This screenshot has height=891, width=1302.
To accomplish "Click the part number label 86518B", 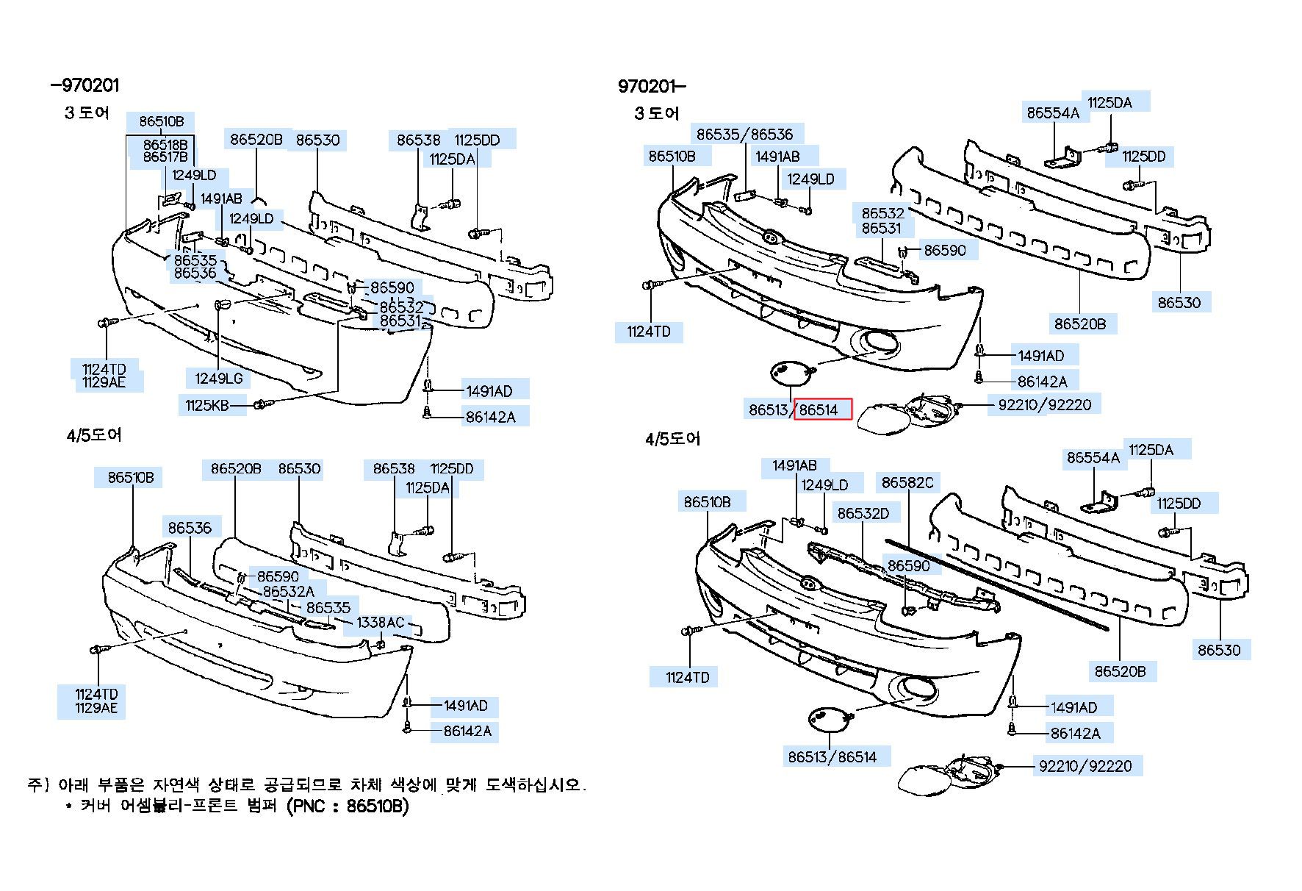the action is click(165, 145).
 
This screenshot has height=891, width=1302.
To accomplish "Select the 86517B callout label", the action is click(165, 157).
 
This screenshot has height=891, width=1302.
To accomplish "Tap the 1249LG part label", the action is click(218, 379).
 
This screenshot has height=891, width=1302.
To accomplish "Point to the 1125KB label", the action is click(207, 405).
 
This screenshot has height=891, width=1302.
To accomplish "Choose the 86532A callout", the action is click(288, 591).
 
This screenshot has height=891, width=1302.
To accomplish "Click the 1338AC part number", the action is click(381, 623).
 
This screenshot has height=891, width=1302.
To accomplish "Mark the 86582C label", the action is click(907, 482).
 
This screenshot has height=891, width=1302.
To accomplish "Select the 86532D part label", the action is click(863, 513).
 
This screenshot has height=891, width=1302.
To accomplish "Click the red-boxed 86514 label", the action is click(822, 409).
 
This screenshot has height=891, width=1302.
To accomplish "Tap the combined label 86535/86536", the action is click(745, 135).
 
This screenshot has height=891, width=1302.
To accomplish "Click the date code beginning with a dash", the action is click(84, 85).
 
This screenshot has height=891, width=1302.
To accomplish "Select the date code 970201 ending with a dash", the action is click(652, 86).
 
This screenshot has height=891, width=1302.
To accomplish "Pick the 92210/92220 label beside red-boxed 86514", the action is click(1044, 404).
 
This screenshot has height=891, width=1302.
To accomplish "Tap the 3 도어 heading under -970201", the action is click(87, 112).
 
